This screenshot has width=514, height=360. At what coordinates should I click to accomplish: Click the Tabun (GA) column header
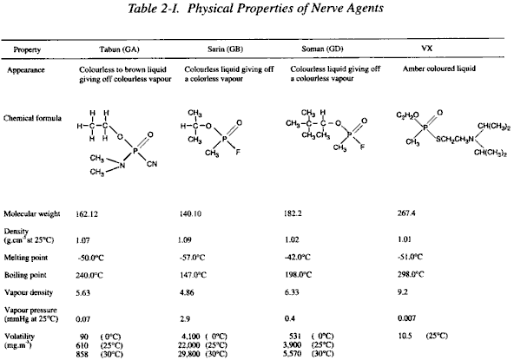pos(119,49)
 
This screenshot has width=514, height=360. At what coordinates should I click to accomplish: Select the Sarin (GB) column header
pos(226,49)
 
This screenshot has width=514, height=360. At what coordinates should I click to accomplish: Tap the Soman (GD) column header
pos(322,49)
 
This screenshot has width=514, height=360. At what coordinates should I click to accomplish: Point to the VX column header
pos(427,49)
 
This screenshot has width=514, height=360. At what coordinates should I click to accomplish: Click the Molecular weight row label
pos(32,214)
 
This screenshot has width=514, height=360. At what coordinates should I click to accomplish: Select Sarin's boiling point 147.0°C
pos(193,275)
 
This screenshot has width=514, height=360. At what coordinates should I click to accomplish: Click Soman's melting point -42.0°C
pos(297,257)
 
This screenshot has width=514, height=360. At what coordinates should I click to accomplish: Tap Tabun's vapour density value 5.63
pos(82,292)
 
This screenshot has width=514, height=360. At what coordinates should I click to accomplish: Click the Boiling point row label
pos(25,275)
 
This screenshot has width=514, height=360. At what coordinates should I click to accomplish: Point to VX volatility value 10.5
pos(405,336)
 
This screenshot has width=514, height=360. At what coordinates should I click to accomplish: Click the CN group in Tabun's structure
pos(152,163)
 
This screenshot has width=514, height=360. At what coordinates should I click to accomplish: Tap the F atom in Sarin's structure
pos(238,152)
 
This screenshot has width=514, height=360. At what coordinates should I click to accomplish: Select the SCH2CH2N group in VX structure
pos(455,139)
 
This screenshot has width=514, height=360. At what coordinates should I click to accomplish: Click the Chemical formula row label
pos(32,118)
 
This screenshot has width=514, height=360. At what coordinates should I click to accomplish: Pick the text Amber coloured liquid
pos(439,69)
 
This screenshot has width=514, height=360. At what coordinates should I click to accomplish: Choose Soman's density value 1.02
pos(292,239)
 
